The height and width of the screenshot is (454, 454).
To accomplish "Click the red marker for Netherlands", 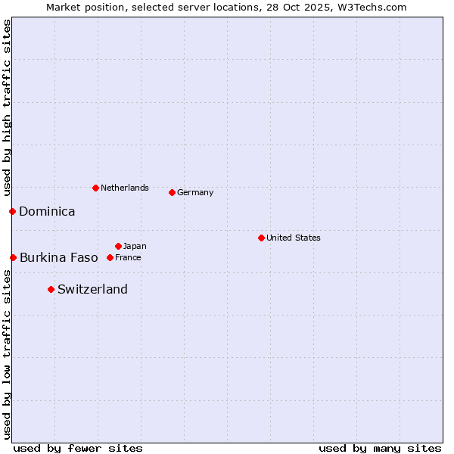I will [x=95, y=188].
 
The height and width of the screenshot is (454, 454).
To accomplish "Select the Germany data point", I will [x=172, y=192].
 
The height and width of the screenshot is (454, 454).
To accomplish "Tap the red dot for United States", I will [x=261, y=238].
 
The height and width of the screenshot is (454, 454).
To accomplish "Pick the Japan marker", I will [x=118, y=246].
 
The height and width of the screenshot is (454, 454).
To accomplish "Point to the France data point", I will [x=110, y=257].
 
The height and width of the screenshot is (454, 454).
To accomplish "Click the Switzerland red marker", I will [x=51, y=289].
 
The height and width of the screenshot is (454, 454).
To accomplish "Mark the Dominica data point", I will [x=12, y=211].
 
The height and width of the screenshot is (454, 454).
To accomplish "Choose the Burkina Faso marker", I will [x=13, y=257].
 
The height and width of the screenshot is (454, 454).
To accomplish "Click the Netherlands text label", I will [x=124, y=188].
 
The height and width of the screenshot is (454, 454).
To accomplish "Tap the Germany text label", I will [x=195, y=192].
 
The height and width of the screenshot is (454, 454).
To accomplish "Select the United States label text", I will [x=293, y=238].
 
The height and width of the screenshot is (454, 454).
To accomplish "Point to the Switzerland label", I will [x=92, y=289].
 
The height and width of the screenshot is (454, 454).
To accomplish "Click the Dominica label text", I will [x=47, y=211].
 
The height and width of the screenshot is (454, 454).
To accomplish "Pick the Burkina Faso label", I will [x=58, y=257].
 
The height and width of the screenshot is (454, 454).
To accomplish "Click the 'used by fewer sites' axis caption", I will [x=78, y=448].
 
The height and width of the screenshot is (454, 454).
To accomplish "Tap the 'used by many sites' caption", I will [x=380, y=448].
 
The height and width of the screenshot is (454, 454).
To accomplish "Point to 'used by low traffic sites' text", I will [x=7, y=354].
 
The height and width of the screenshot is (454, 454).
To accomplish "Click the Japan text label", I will [x=135, y=246].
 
